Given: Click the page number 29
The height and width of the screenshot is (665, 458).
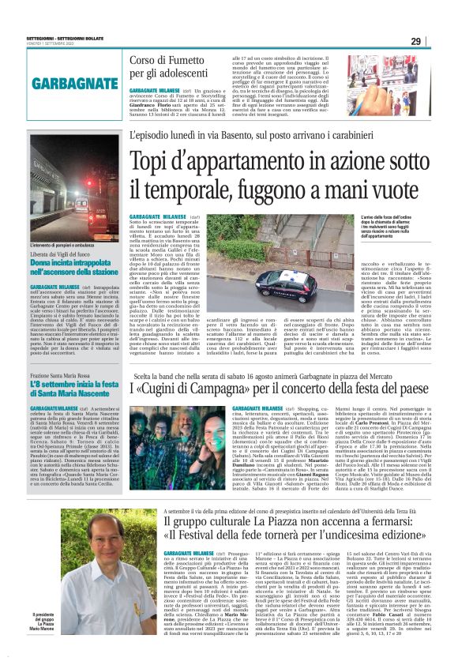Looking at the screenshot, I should (x=438, y=41).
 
